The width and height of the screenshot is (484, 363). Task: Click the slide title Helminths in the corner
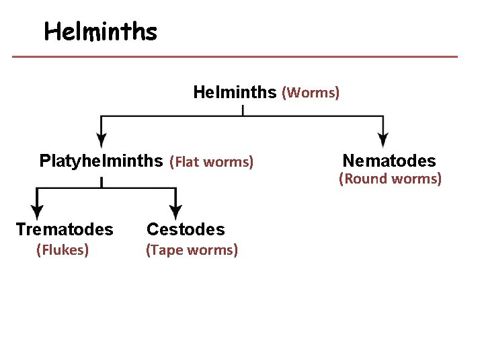(100, 32)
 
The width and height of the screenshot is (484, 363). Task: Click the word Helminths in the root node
(235, 91)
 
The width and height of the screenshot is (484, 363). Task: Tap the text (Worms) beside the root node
(310, 92)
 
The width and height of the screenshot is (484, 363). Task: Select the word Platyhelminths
(101, 161)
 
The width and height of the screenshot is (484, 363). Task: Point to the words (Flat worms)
(211, 161)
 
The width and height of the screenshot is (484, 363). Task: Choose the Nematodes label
(389, 161)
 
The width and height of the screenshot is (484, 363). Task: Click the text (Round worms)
(390, 179)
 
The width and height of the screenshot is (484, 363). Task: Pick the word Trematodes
(65, 229)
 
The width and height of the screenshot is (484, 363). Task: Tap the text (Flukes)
(63, 251)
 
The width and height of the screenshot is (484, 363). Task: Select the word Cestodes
(186, 229)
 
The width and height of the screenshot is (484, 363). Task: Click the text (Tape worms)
(192, 251)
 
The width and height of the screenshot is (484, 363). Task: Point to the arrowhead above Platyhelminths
(101, 140)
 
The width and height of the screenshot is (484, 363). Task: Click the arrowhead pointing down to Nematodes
(382, 140)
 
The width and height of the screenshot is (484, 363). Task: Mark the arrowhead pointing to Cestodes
(175, 210)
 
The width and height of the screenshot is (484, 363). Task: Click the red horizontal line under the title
(235, 56)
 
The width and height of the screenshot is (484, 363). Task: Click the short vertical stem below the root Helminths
(243, 110)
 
